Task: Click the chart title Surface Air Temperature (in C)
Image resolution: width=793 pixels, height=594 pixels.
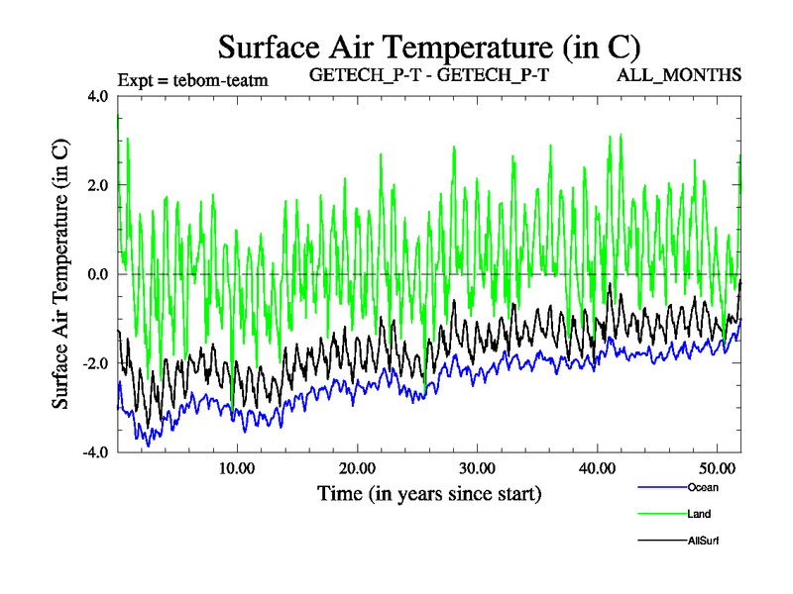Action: [428, 47]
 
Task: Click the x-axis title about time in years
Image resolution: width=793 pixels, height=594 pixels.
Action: [428, 492]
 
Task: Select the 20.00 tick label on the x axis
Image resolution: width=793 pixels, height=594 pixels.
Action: [357, 468]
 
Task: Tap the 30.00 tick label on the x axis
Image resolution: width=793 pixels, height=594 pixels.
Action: [478, 468]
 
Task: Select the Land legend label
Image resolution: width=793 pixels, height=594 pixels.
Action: [699, 514]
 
